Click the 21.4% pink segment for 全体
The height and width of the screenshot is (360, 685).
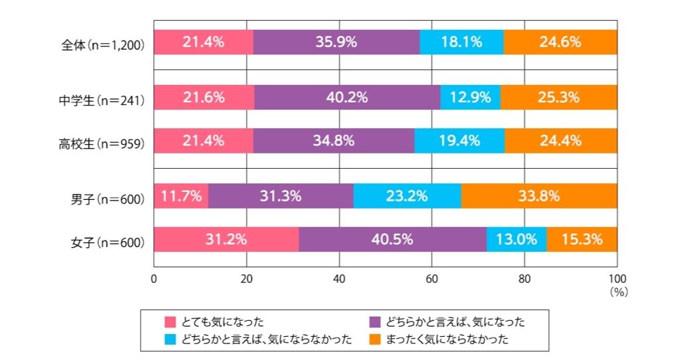pyautogui.click(x=203, y=42)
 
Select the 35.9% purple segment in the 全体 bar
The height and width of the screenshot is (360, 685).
pyautogui.click(x=337, y=42)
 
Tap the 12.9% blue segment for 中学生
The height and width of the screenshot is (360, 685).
pyautogui.click(x=470, y=97)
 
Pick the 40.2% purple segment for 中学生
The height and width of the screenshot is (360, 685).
pyautogui.click(x=347, y=97)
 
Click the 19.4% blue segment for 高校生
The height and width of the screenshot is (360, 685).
pyautogui.click(x=459, y=141)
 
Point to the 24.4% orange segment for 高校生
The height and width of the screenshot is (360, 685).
pyautogui.click(x=561, y=141)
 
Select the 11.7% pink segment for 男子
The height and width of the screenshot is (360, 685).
pyautogui.click(x=181, y=196)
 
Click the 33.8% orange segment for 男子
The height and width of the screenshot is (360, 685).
pyautogui.click(x=539, y=196)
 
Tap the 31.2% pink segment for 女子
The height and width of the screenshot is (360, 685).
pyautogui.click(x=226, y=239)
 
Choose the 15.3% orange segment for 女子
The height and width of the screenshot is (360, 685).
pyautogui.click(x=582, y=239)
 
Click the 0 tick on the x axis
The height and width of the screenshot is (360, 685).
pyautogui.click(x=154, y=279)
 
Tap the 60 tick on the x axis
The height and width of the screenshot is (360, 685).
pyautogui.click(x=432, y=279)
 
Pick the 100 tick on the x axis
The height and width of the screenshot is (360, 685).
pyautogui.click(x=617, y=279)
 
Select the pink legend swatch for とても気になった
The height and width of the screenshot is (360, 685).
pyautogui.click(x=170, y=322)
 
